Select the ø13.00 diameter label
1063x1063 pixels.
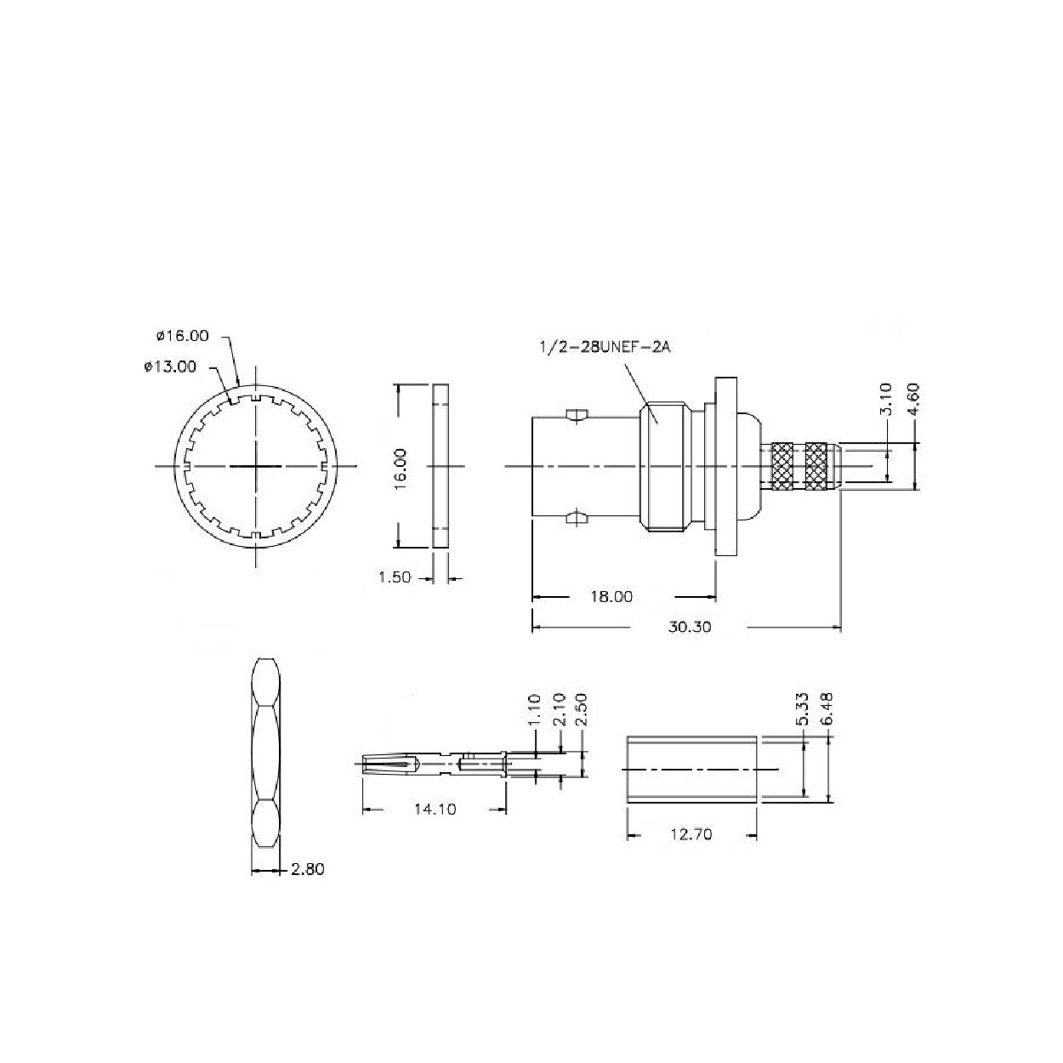pyautogui.click(x=170, y=367)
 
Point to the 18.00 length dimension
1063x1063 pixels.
pyautogui.click(x=611, y=597)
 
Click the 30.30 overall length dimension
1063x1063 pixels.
pyautogui.click(x=689, y=628)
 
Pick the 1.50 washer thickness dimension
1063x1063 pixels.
pyautogui.click(x=394, y=577)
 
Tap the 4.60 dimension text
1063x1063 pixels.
pyautogui.click(x=913, y=399)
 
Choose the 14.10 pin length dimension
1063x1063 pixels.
pyautogui.click(x=435, y=809)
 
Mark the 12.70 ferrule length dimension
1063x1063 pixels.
pyautogui.click(x=691, y=835)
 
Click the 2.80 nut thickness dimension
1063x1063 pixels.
pyautogui.click(x=307, y=869)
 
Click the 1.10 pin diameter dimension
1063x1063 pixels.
pyautogui.click(x=534, y=710)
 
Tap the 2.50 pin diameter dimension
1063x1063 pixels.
pyautogui.click(x=583, y=710)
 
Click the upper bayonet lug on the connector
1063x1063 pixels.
pyautogui.click(x=576, y=416)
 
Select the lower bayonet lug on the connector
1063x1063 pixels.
pyautogui.click(x=576, y=516)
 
